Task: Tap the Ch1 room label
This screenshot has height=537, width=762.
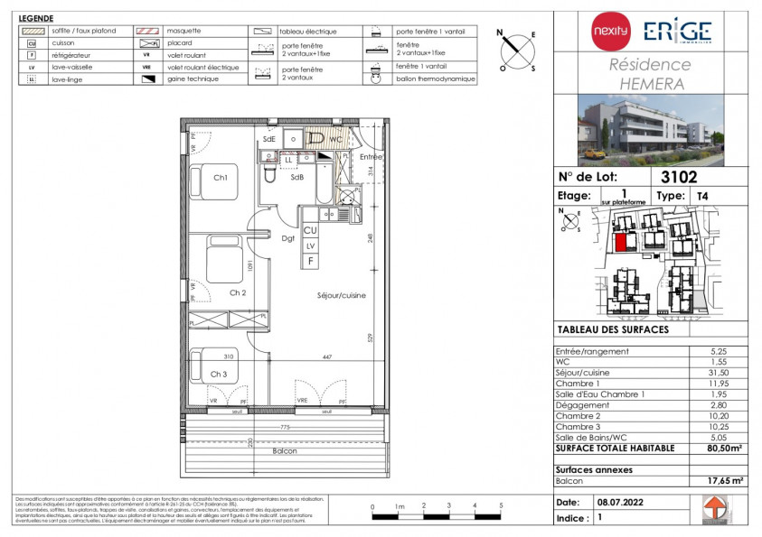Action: click(x=220, y=178)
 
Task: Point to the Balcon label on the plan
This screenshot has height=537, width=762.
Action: click(x=285, y=450)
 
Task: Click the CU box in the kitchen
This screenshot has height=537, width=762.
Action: click(x=310, y=231)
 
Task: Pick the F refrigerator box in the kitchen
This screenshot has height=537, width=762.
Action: click(x=310, y=260)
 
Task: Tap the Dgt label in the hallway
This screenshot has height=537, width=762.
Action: click(x=288, y=239)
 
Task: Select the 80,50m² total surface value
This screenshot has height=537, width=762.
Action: click(x=718, y=448)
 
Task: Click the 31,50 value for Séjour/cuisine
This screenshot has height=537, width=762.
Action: click(x=718, y=373)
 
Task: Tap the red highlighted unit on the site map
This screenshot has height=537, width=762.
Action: click(x=621, y=241)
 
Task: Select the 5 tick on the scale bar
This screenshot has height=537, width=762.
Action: click(x=500, y=505)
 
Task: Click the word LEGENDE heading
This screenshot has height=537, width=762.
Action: click(x=35, y=18)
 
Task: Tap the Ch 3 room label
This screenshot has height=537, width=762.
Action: click(x=220, y=374)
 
